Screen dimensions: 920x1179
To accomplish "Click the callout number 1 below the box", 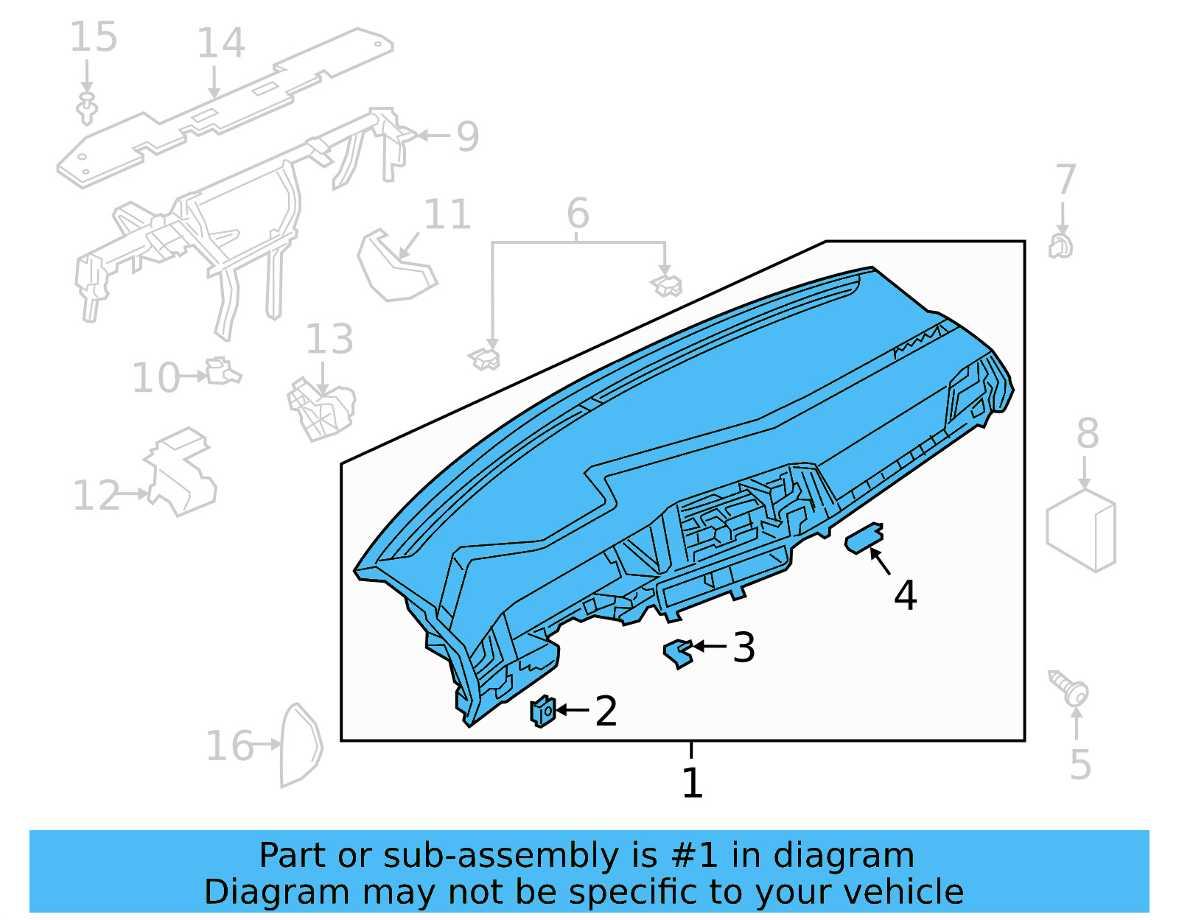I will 692,783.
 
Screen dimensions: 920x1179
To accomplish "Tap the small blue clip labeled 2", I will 542,711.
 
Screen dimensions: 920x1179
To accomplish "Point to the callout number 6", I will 578,214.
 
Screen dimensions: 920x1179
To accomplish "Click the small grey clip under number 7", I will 1060,246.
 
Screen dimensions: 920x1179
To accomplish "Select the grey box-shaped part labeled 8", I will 1081,530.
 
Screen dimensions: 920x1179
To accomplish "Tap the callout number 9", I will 467,136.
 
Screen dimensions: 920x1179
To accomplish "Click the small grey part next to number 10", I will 221,371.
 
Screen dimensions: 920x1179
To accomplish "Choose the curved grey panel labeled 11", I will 394,267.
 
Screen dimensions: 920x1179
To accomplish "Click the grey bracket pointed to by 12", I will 181,471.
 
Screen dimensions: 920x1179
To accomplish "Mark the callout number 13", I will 329,340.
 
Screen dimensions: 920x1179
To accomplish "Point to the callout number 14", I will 220,43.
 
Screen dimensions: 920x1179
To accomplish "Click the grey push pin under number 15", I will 88,109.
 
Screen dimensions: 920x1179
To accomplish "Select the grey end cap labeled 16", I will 300,745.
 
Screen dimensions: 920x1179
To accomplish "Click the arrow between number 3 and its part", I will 710,646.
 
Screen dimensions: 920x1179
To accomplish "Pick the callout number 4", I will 905,594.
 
